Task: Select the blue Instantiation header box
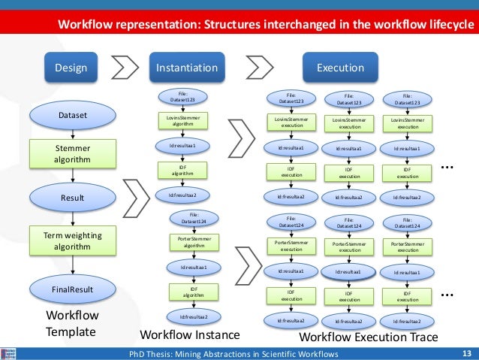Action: coord(186,68)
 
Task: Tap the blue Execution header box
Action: coord(340,68)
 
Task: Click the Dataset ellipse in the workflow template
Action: coord(73,116)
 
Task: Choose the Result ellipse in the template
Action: coord(73,197)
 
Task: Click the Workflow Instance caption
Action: coord(190,334)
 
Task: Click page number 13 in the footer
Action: coord(465,353)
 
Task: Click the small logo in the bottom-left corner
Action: coord(9,353)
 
